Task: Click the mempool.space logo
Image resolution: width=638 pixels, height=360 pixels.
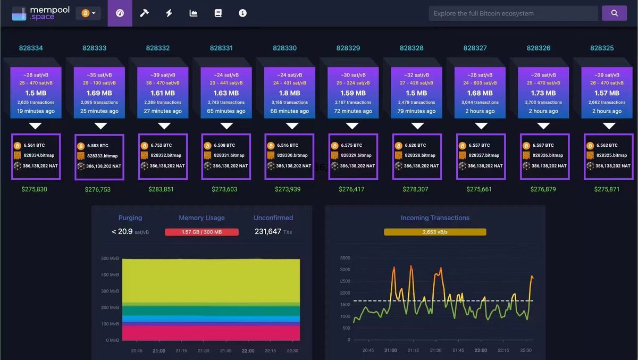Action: tap(40, 13)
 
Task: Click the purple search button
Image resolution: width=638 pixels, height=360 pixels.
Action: tap(614, 13)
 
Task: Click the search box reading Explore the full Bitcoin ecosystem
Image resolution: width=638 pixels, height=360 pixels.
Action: tap(513, 13)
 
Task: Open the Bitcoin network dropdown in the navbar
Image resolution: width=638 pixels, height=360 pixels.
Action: tap(88, 13)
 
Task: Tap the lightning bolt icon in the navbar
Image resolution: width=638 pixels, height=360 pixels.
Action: tap(169, 13)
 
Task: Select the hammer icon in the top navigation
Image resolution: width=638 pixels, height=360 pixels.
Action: tap(144, 13)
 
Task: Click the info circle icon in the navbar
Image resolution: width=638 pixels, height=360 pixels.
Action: tap(242, 13)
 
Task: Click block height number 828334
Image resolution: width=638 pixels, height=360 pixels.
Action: tap(31, 48)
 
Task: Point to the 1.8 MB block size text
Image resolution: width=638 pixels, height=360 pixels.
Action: tap(289, 93)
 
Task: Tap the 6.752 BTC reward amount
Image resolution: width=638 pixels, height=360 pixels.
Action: tap(161, 145)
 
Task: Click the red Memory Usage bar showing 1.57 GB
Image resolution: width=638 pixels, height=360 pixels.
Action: tap(202, 232)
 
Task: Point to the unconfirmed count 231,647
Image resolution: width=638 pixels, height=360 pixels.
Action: tap(268, 232)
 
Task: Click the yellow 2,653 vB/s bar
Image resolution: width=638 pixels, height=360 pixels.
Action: tap(435, 232)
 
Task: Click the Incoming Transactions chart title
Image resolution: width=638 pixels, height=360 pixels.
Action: tap(435, 217)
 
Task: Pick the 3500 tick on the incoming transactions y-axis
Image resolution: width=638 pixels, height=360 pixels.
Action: tap(345, 257)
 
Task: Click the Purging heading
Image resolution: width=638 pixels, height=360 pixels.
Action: tap(130, 217)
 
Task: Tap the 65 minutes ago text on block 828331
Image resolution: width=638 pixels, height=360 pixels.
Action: tap(226, 111)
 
